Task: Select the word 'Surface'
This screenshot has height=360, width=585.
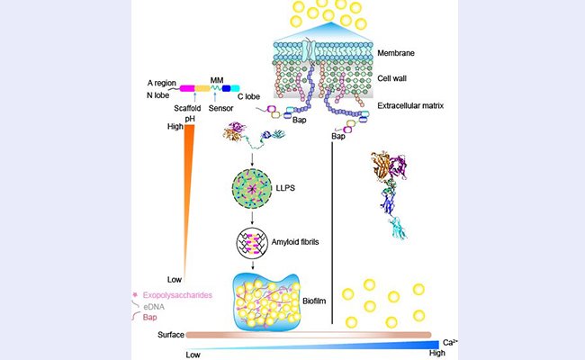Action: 162,335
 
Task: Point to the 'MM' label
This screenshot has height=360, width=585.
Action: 216,78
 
